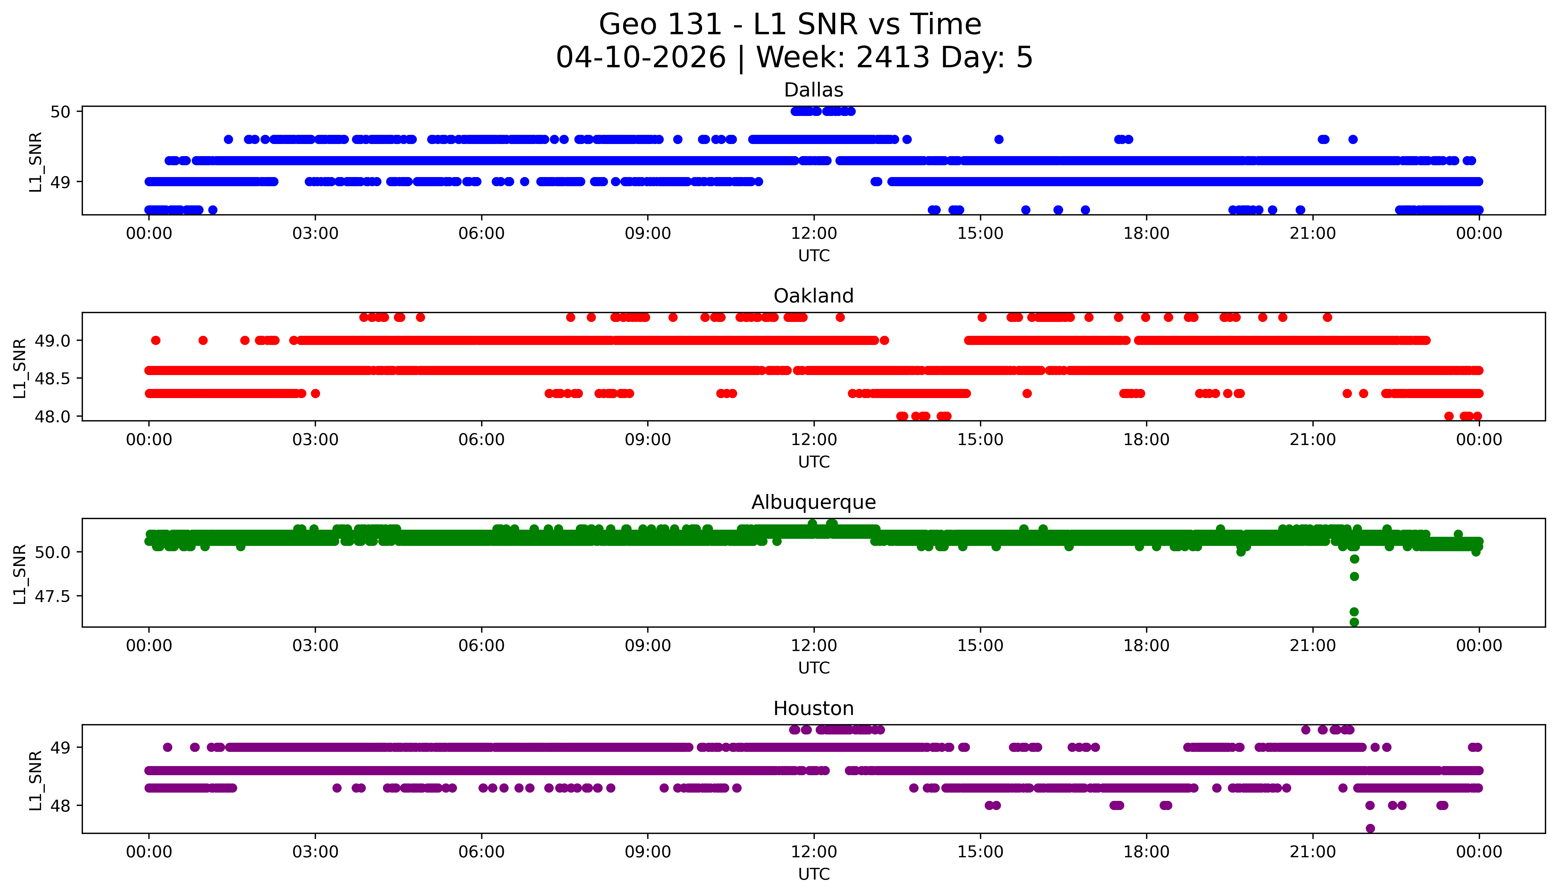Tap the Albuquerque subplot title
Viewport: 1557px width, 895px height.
pyautogui.click(x=814, y=502)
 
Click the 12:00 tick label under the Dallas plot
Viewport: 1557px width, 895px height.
pyautogui.click(x=814, y=234)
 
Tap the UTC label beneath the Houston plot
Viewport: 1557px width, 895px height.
pyautogui.click(x=814, y=873)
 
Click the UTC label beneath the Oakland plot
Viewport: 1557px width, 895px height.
pyautogui.click(x=814, y=462)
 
